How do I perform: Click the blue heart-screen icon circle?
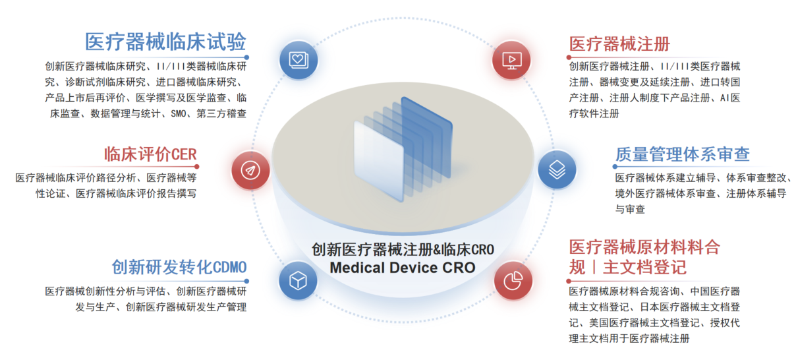pyautogui.click(x=298, y=60)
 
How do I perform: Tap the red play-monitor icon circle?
pyautogui.click(x=512, y=60)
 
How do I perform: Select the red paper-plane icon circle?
pyautogui.click(x=250, y=170)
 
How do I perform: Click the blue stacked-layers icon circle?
pyautogui.click(x=557, y=169)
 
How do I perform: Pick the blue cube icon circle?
pyautogui.click(x=298, y=281)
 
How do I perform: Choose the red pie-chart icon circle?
pyautogui.click(x=513, y=281)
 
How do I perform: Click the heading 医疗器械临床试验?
pyautogui.click(x=165, y=42)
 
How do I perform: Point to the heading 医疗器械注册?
pyautogui.click(x=619, y=44)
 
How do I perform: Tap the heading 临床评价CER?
pyautogui.click(x=150, y=154)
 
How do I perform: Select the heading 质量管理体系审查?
pyautogui.click(x=682, y=154)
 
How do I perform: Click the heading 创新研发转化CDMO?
pyautogui.click(x=179, y=267)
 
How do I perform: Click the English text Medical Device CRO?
pyautogui.click(x=403, y=268)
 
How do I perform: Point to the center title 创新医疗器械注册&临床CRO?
pyautogui.click(x=403, y=249)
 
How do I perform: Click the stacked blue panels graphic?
pyautogui.click(x=403, y=149)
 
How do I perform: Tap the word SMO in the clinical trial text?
pyautogui.click(x=179, y=113)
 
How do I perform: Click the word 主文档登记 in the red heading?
pyautogui.click(x=644, y=267)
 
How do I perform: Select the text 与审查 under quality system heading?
pyautogui.click(x=630, y=209)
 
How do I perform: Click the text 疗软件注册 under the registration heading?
pyautogui.click(x=594, y=113)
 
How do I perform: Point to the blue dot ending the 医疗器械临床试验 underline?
pyautogui.click(x=246, y=57)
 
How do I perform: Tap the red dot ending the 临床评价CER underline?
pyautogui.click(x=197, y=166)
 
